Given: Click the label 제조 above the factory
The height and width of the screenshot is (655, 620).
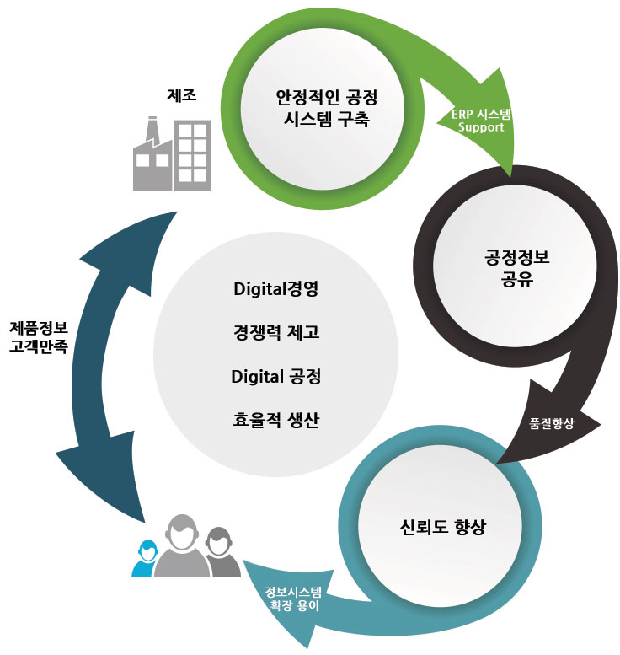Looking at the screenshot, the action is click(182, 94).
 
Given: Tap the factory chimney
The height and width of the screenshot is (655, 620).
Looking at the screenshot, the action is click(152, 131).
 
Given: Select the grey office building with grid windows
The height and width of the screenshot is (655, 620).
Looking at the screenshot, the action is click(192, 155).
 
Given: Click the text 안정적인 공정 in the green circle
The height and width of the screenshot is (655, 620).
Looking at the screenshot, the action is click(327, 98).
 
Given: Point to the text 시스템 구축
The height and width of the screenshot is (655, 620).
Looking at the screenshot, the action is click(327, 119).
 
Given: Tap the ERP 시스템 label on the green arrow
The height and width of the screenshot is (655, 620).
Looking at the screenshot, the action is click(481, 114).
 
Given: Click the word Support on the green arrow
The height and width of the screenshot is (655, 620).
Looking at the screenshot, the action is click(481, 127).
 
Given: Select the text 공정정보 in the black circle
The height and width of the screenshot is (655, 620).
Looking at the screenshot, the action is click(517, 257).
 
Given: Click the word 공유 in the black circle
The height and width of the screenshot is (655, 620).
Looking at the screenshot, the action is click(517, 279).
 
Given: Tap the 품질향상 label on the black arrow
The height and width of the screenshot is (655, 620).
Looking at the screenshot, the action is click(552, 423).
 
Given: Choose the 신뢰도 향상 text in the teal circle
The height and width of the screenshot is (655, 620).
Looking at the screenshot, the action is click(442, 527).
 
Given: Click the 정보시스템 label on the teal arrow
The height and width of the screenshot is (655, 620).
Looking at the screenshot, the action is click(293, 592).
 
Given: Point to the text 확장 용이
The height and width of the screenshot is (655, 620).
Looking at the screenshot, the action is click(294, 605).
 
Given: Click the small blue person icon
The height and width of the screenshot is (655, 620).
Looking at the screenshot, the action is click(145, 559).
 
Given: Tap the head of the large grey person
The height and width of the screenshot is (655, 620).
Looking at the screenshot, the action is click(182, 532).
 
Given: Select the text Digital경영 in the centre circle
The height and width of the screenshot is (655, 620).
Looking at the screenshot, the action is click(276, 289).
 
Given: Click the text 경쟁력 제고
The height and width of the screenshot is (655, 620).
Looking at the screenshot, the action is click(276, 332).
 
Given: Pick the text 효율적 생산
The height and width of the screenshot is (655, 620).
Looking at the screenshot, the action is click(276, 420).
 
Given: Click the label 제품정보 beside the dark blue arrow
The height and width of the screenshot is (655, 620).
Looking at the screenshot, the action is click(39, 328).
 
